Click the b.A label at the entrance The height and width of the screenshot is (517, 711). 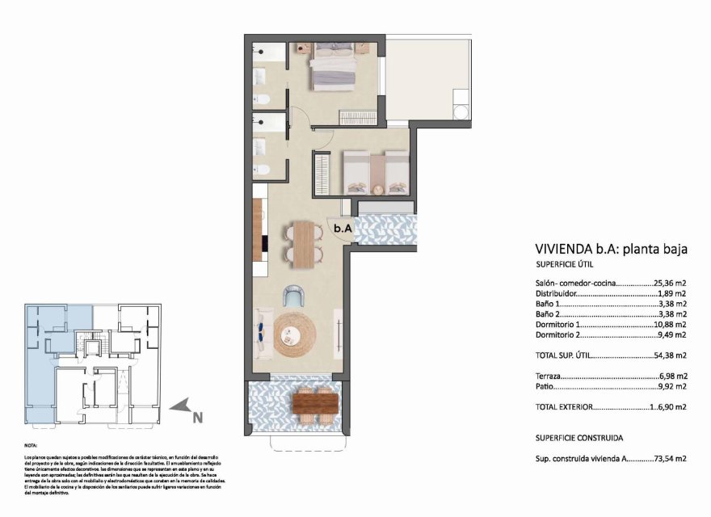tap(343, 229)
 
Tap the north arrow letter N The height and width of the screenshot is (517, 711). tap(197, 417)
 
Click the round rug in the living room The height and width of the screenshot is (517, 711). tap(297, 334)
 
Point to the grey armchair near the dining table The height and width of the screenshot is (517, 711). tap(293, 296)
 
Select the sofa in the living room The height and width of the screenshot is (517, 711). tap(262, 334)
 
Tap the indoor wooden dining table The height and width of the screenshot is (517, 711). tap(304, 243)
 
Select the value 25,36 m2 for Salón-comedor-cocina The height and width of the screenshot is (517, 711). tap(670, 284)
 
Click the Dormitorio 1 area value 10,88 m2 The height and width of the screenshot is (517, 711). tap(670, 324)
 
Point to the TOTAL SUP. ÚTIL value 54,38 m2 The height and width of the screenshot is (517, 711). tap(670, 355)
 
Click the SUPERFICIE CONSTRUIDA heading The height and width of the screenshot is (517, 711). tap(578, 437)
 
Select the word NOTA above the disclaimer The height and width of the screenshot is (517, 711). tap(32, 446)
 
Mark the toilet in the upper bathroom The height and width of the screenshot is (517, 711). tap(263, 99)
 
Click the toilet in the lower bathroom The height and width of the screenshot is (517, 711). tap(263, 170)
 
